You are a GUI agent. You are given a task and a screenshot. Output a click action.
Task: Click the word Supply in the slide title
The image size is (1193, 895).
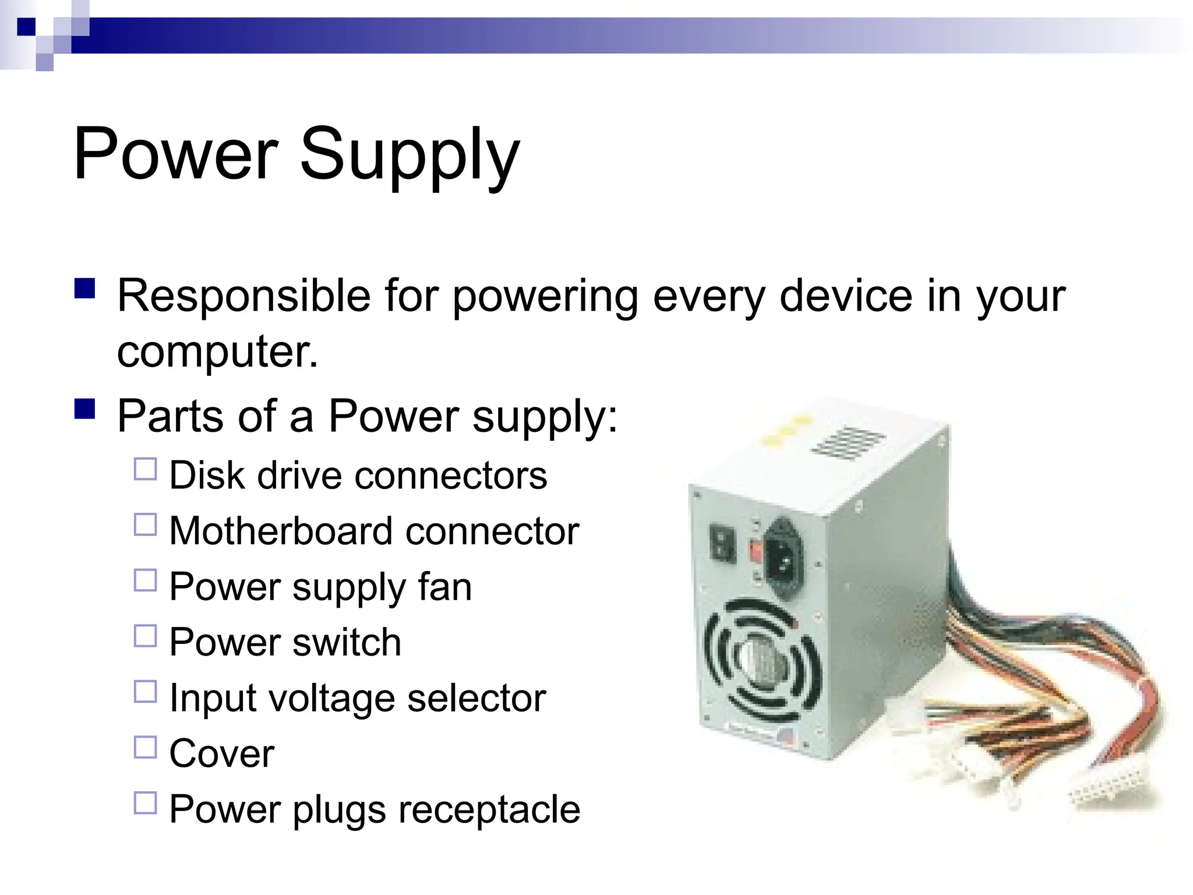tap(409, 156)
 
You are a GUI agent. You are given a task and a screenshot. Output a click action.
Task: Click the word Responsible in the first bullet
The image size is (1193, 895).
tap(243, 296)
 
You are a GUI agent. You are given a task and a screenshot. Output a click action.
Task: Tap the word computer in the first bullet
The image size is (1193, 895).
tap(217, 352)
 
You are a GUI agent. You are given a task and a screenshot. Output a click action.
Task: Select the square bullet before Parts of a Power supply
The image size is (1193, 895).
tap(85, 408)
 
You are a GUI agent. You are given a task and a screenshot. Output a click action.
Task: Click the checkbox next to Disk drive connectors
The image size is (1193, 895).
tap(146, 469)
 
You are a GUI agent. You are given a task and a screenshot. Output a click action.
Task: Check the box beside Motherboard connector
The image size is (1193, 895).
tap(146, 524)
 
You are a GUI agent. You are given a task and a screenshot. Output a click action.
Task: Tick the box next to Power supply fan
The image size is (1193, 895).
tap(146, 580)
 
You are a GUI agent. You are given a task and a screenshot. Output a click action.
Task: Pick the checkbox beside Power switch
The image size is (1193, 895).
tap(146, 636)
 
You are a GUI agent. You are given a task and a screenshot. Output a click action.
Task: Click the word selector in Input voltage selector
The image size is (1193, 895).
tap(477, 698)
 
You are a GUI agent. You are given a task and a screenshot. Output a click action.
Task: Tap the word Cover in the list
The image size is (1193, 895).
tap(221, 753)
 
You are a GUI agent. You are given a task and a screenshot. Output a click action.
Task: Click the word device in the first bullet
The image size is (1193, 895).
tap(846, 296)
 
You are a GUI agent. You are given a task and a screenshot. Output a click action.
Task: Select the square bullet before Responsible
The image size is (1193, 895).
tap(85, 288)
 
